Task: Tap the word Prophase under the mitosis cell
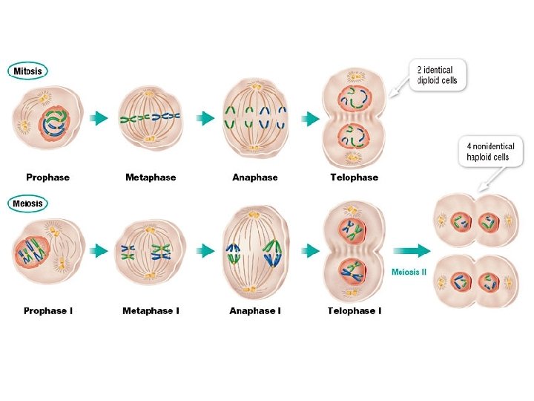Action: click(x=47, y=177)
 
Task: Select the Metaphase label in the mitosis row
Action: click(x=151, y=177)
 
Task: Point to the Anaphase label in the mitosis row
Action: click(x=254, y=177)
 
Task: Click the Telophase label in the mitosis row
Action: click(x=354, y=177)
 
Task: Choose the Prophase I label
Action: click(x=47, y=310)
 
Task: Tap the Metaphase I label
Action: click(x=151, y=310)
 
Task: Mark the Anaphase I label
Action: click(x=254, y=310)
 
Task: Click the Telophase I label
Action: click(x=354, y=310)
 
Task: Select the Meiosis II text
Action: click(x=409, y=272)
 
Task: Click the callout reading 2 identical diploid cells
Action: click(x=440, y=75)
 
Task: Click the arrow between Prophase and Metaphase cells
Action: click(x=98, y=118)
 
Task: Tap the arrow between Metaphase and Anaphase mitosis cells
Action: click(x=205, y=118)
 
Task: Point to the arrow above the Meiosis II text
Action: click(x=411, y=251)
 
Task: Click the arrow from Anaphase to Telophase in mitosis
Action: click(x=307, y=118)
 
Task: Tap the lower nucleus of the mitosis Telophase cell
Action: click(x=353, y=138)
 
